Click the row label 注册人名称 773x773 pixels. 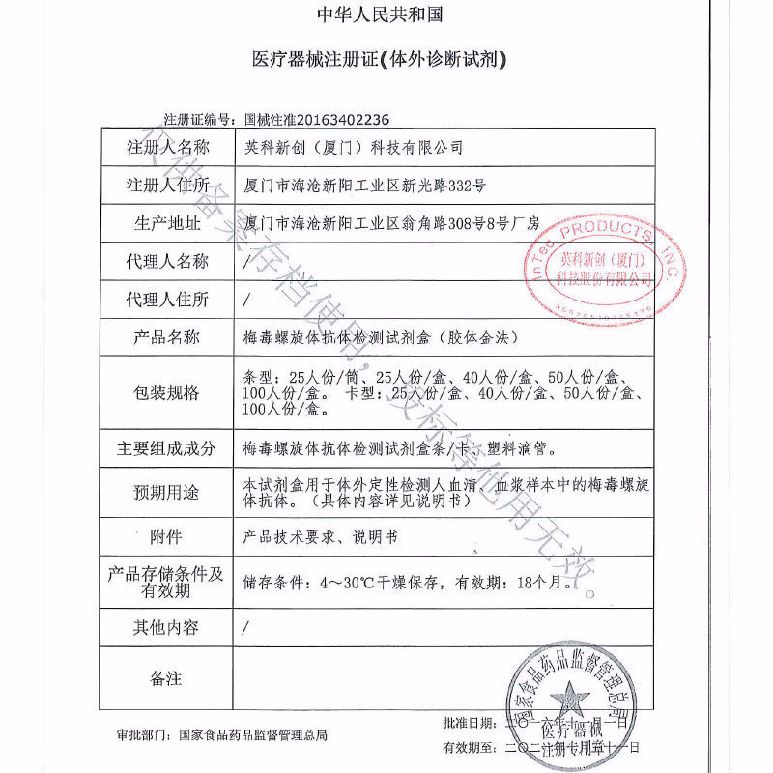(x=166, y=147)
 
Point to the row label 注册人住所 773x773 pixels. (x=166, y=185)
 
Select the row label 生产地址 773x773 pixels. (x=166, y=223)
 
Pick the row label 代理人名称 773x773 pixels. (x=166, y=261)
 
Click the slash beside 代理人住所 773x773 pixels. (x=248, y=300)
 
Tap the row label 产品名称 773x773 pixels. (x=166, y=337)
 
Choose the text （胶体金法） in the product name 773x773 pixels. (x=479, y=337)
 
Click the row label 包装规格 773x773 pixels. (x=166, y=392)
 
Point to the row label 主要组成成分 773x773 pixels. (x=166, y=448)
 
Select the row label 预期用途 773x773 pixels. (x=166, y=492)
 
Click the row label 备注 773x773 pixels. (x=166, y=678)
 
